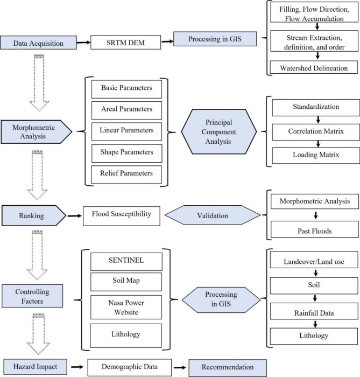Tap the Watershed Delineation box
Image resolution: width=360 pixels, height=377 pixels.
pyautogui.click(x=313, y=68)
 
